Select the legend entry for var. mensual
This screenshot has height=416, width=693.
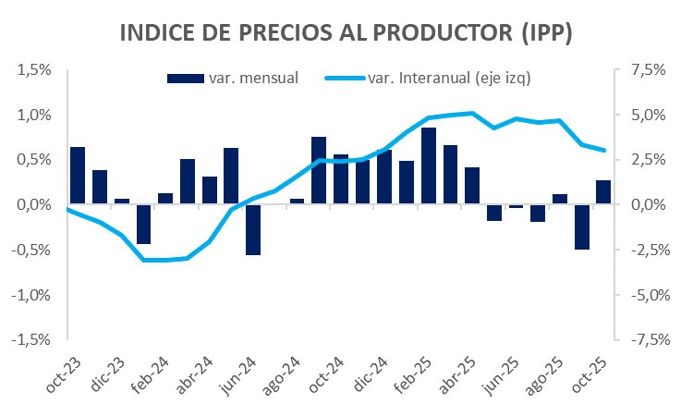point(233,78)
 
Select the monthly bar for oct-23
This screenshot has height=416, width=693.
point(78,176)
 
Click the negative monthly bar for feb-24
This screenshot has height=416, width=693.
point(143,224)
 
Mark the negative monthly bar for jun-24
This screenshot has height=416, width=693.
point(252,229)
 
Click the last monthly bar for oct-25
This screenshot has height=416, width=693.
point(602,192)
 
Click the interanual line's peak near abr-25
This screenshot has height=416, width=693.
point(472,113)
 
